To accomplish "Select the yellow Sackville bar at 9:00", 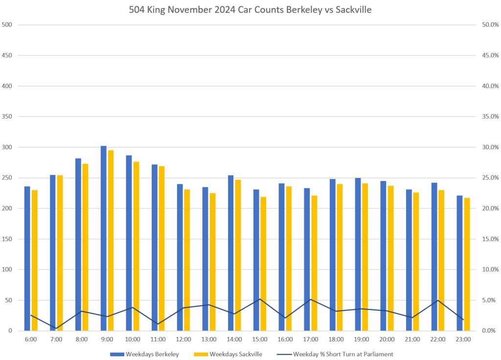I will point(111,240).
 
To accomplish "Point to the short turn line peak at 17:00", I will point(310,299).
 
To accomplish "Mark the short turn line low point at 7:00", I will point(56,328).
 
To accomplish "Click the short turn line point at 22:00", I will point(437,300).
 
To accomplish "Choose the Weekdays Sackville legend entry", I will point(234,354).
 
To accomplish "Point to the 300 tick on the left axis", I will point(7,147).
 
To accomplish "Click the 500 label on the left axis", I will point(7,25).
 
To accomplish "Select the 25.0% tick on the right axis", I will point(490,178).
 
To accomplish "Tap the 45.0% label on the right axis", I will point(490,55).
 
